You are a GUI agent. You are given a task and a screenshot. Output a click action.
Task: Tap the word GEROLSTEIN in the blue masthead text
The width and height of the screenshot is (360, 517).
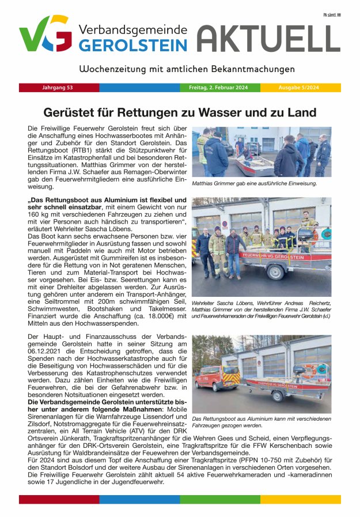(x=133, y=46)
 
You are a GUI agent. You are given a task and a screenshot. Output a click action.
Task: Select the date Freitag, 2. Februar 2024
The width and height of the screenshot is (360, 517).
(x=218, y=88)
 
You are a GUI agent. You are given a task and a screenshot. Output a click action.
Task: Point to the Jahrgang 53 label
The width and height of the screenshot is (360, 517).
(x=58, y=88)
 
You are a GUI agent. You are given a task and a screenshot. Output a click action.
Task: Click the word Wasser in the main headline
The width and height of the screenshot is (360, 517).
(x=229, y=112)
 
